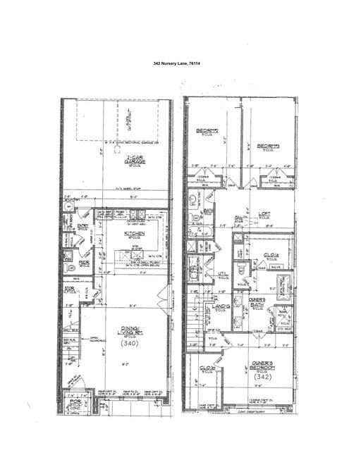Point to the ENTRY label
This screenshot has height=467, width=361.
click(83, 226)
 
